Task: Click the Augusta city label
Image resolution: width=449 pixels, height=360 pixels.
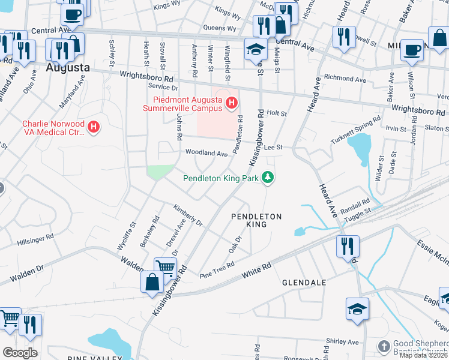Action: coord(68,68)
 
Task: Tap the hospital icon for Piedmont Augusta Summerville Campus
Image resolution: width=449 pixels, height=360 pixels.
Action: coord(231,104)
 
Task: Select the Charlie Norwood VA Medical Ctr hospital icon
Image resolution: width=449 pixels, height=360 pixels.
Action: coord(93,127)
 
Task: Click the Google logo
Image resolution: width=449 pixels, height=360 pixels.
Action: coord(20,352)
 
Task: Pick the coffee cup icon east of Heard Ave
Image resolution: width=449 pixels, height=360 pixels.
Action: coord(412,50)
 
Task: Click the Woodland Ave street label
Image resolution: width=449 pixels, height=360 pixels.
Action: coord(206,154)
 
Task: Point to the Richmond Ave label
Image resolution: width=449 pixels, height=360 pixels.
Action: coord(344,79)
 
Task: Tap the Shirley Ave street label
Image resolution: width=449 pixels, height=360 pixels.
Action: coord(342,342)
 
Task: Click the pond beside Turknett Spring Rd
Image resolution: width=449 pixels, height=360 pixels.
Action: coord(360,147)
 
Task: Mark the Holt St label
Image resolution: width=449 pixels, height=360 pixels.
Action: coord(277,113)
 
